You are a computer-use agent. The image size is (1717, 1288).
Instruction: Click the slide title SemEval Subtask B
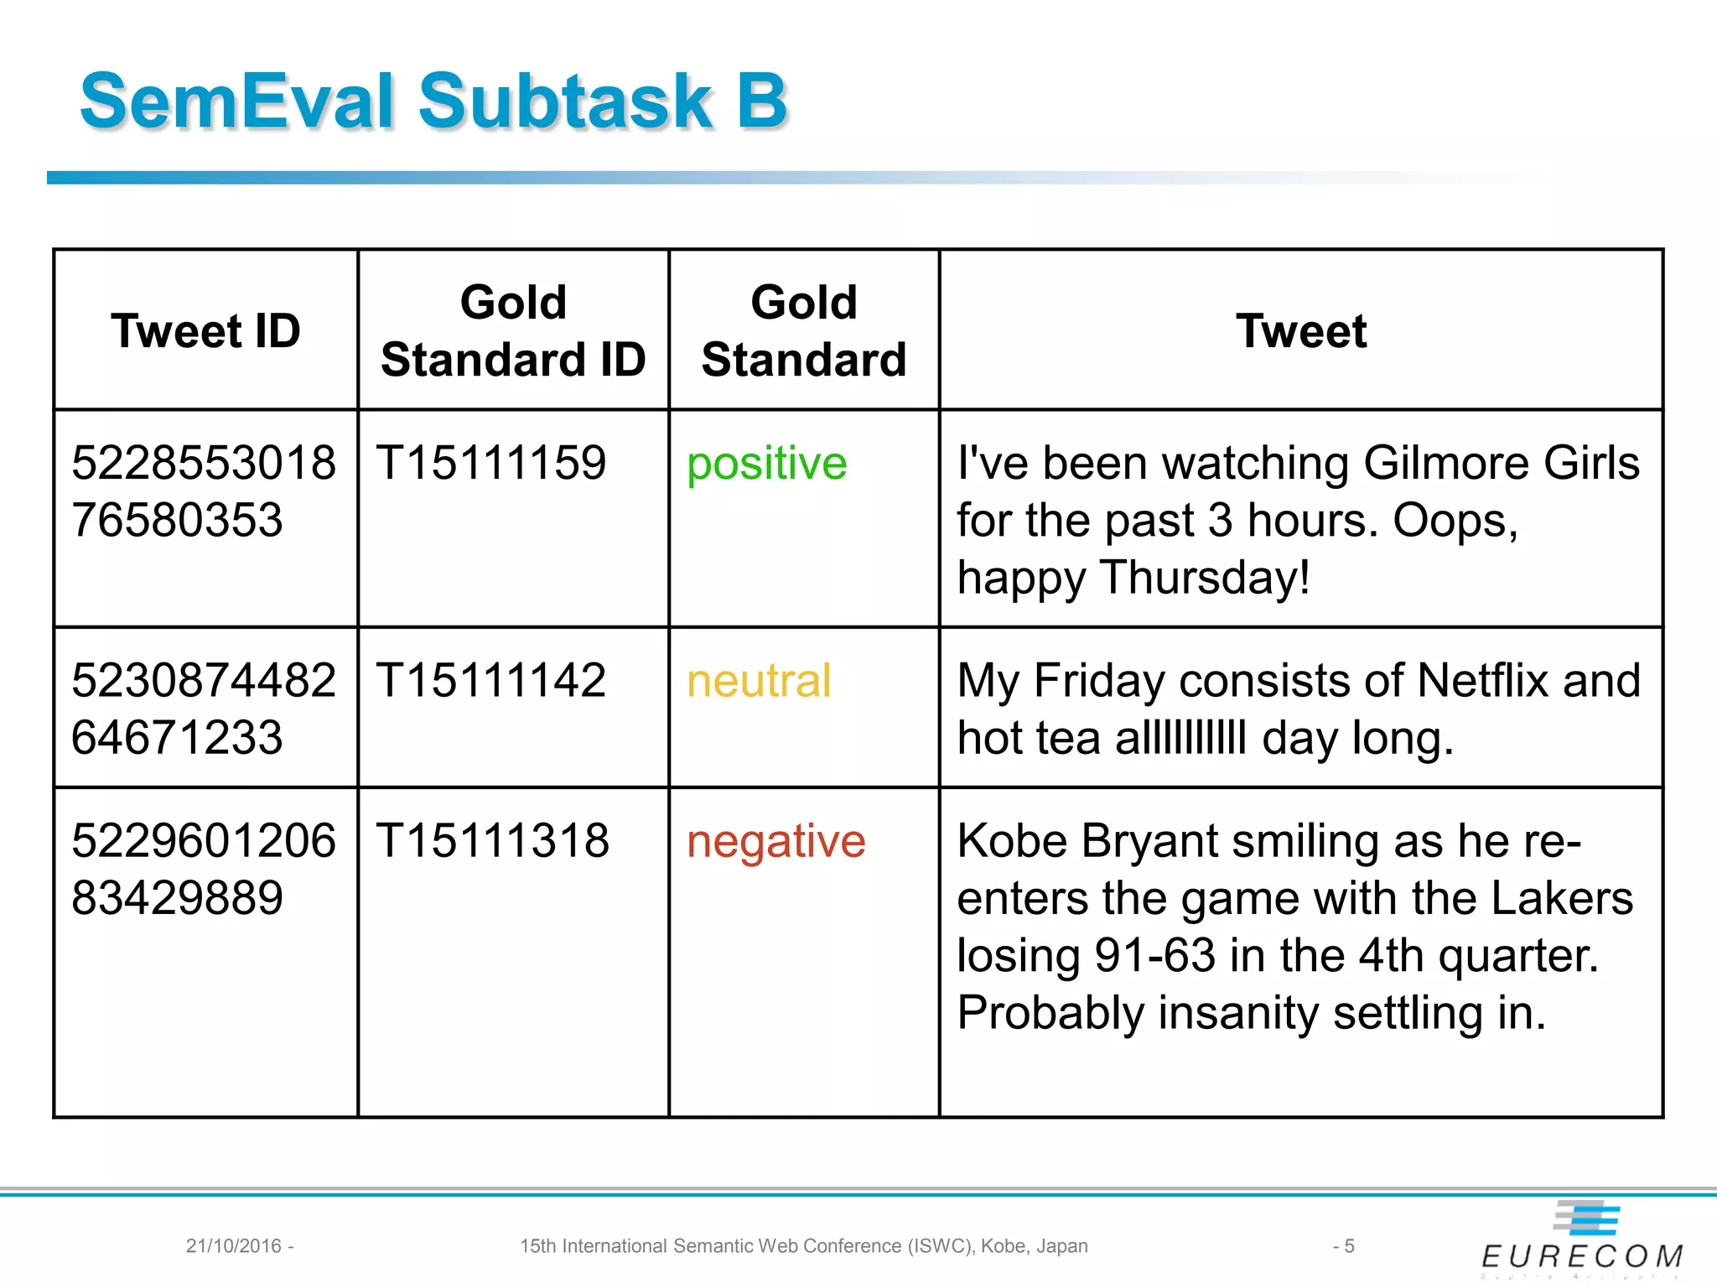[x=433, y=101]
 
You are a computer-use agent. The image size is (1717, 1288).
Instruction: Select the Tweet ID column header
[x=205, y=330]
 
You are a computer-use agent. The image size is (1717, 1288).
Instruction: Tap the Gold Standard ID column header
[x=513, y=330]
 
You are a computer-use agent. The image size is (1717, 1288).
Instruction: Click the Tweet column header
[x=1300, y=330]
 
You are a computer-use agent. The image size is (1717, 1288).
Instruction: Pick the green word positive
[x=766, y=464]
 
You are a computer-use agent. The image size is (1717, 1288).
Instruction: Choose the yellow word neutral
[x=758, y=680]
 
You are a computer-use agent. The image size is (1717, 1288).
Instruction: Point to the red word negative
[x=776, y=841]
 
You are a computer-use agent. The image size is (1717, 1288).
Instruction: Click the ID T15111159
[x=490, y=463]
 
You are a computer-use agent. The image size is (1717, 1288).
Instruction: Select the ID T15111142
[x=490, y=680]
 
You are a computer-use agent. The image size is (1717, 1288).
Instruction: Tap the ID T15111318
[x=492, y=840]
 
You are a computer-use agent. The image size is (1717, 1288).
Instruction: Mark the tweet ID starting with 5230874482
[x=204, y=709]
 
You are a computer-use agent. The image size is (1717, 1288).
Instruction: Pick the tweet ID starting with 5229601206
[x=204, y=869]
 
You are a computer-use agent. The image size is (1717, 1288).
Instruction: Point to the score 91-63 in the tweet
[x=1154, y=955]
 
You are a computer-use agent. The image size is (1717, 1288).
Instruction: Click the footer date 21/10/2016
[x=234, y=1246]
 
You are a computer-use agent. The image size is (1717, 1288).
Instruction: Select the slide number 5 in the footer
[x=1348, y=1246]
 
